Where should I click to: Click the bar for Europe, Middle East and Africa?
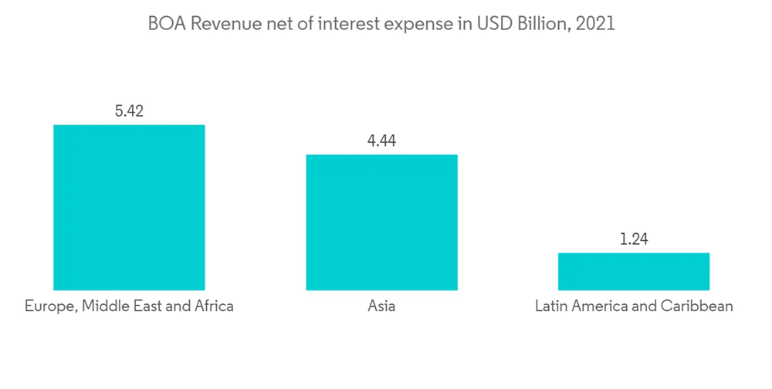click(129, 207)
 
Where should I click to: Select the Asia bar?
click(381, 222)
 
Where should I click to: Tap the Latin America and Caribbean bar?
click(634, 271)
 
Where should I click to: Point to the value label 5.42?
click(129, 111)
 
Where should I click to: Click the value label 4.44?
click(381, 140)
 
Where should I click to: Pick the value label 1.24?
click(634, 238)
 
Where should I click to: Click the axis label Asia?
click(381, 306)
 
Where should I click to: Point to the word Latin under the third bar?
click(551, 306)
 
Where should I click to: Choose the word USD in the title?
click(493, 24)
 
